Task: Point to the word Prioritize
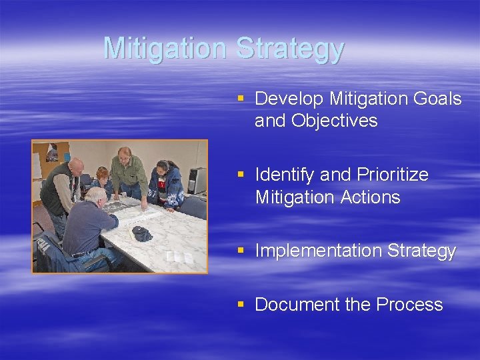pos(393,175)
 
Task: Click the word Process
pos(409,305)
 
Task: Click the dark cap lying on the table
pos(141,233)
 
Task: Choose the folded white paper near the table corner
pos(180,257)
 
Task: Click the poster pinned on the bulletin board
pos(52,153)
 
